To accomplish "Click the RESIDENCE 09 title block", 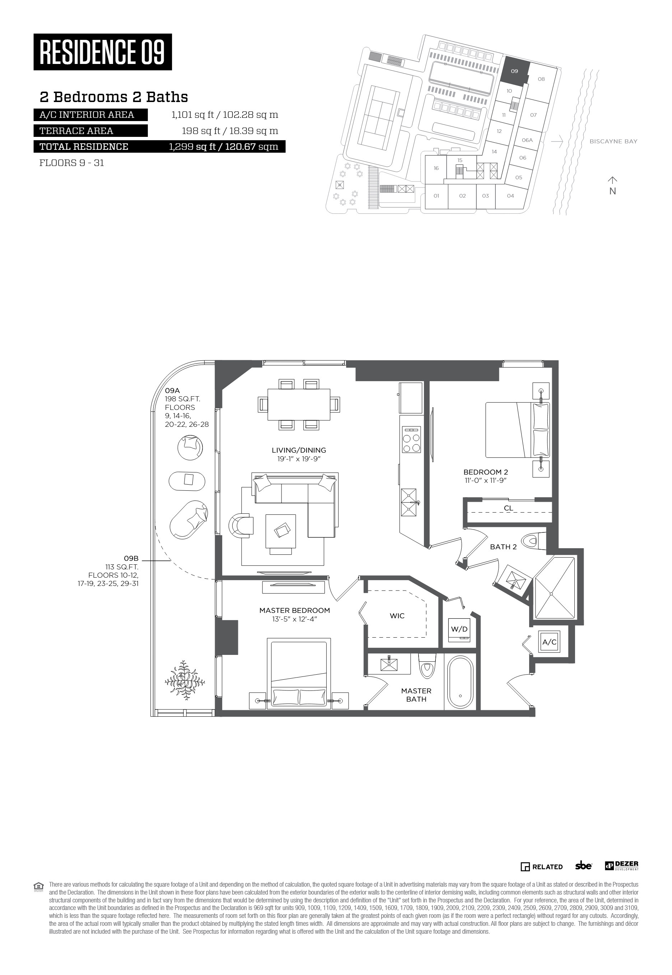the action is click(x=103, y=52).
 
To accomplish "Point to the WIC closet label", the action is click(x=397, y=616).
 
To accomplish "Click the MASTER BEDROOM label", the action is click(x=294, y=610).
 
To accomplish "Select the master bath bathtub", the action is click(x=460, y=683).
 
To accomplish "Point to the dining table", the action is click(x=299, y=405).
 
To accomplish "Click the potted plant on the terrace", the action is click(x=185, y=680).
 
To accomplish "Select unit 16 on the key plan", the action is click(x=436, y=168).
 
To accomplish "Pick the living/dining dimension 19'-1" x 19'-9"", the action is click(x=299, y=459).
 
